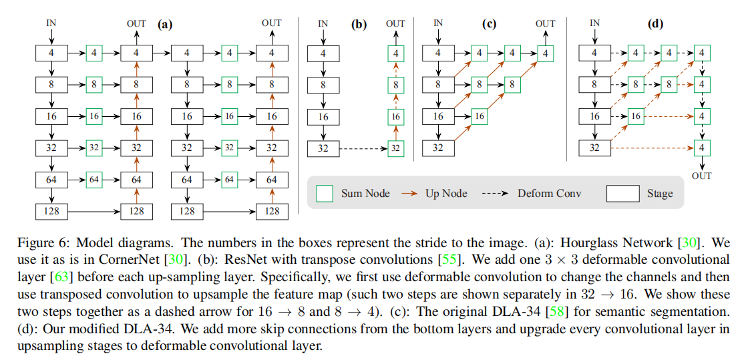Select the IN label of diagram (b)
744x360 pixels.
pos(323,23)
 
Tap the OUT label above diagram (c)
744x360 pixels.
pos(546,23)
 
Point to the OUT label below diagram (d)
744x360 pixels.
pos(702,176)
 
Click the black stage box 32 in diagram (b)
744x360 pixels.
pos(323,148)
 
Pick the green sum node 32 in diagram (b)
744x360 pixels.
pos(396,148)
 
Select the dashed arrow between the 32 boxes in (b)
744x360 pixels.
pos(361,148)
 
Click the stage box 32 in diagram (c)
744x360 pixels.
pos(438,148)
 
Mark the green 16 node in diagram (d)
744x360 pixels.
pos(636,116)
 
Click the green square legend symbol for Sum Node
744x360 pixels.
pos(324,194)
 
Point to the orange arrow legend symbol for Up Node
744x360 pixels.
pos(410,194)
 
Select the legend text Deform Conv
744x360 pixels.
pos(550,194)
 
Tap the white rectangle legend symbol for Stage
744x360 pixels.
pos(622,194)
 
